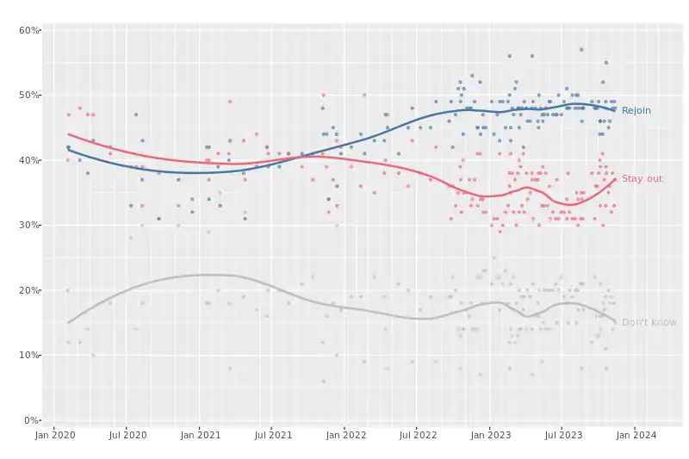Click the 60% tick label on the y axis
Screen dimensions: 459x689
[x=30, y=30]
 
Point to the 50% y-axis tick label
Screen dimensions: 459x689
[x=30, y=95]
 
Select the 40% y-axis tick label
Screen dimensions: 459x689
[x=30, y=160]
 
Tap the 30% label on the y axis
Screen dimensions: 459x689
[x=30, y=225]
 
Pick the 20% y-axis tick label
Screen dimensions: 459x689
[x=30, y=290]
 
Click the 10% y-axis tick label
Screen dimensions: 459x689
[x=30, y=355]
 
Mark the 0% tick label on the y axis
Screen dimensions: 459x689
[x=33, y=420]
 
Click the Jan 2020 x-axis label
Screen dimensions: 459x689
[x=54, y=436]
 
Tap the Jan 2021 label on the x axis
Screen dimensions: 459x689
[x=199, y=436]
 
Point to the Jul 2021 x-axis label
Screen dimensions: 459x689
[x=270, y=436]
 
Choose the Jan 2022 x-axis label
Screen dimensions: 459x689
[x=344, y=436]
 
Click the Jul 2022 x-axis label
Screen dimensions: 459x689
[x=415, y=436]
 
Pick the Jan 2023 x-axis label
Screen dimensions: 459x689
[x=488, y=436]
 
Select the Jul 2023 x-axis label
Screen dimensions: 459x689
[x=561, y=436]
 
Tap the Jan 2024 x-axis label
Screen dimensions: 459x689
[x=634, y=436]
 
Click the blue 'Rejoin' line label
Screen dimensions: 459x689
[x=636, y=110]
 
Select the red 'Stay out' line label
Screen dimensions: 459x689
[x=642, y=178]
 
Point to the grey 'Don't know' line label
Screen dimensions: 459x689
[x=649, y=322]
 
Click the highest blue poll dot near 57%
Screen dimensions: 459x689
[x=581, y=50]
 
